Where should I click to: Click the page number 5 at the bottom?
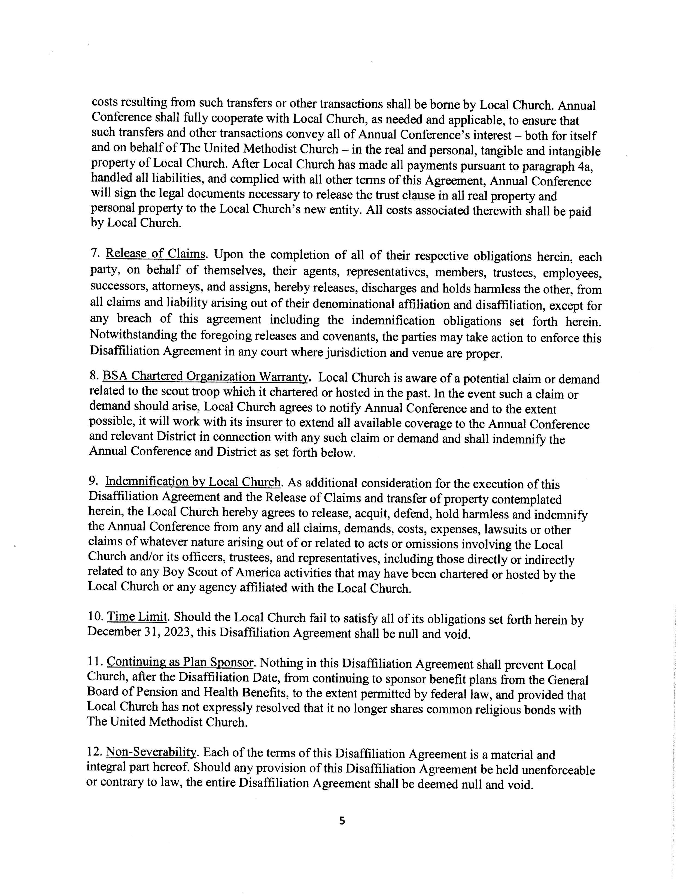(342, 820)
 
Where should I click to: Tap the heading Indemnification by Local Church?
(193, 482)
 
